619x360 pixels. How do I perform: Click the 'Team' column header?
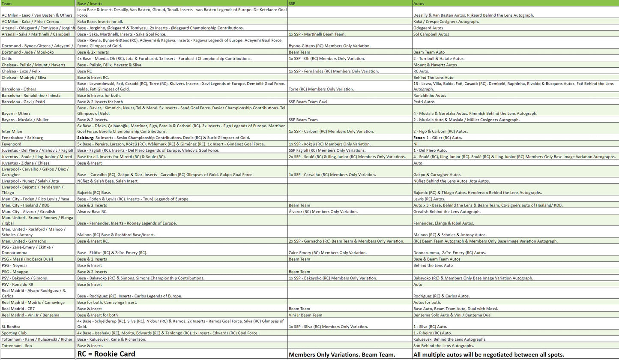coord(6,3)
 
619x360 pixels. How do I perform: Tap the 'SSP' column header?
coord(292,3)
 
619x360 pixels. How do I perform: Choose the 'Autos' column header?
coord(419,3)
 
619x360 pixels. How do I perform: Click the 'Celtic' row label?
coord(7,59)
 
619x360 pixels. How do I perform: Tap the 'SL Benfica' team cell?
coord(11,327)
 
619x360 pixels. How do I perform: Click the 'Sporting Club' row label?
coord(14,333)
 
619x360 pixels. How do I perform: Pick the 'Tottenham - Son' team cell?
coord(17,346)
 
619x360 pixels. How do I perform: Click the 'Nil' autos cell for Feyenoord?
coord(416,144)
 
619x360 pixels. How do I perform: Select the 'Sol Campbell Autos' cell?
coord(431,34)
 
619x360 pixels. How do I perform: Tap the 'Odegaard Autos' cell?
coord(428,28)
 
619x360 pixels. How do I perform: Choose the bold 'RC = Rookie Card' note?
coord(106,354)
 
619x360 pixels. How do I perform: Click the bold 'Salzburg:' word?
coord(85,138)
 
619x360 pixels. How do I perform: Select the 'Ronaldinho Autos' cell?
coord(430,96)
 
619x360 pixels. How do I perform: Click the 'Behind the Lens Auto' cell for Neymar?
coord(433,266)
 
